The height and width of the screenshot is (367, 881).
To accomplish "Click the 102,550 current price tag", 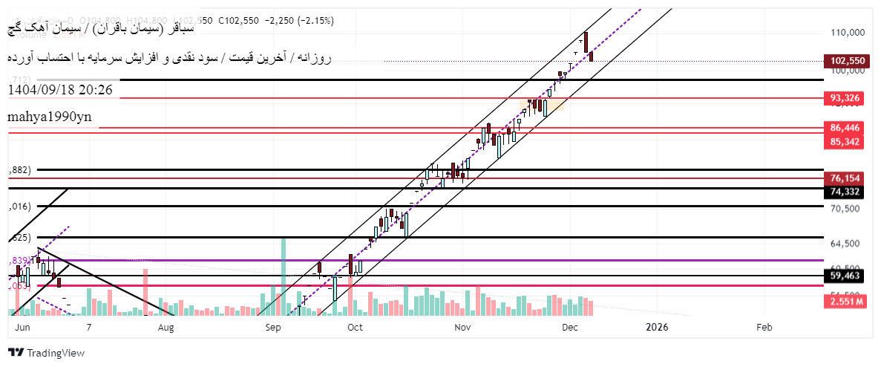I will click(847, 61).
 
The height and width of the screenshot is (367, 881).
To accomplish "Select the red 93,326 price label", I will click(847, 98).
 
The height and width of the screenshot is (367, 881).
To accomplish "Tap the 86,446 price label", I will click(847, 128).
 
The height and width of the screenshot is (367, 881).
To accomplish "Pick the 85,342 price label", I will click(847, 141).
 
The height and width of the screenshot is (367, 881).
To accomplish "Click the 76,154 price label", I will click(847, 178).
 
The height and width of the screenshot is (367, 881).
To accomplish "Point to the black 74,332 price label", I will click(847, 192).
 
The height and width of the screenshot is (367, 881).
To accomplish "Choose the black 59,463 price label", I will click(847, 276).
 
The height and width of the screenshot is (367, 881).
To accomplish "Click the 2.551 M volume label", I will click(847, 302).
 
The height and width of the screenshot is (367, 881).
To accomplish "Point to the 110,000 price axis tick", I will click(847, 33).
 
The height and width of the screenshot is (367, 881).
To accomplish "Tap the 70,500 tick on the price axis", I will click(847, 209).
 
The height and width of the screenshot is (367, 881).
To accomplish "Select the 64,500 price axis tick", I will click(847, 244).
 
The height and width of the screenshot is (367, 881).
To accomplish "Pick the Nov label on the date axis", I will click(462, 327).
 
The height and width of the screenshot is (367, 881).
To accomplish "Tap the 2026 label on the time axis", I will click(657, 327).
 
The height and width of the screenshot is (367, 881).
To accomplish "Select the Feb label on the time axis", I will click(764, 327).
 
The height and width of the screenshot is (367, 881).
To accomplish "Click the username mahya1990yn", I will click(50, 117).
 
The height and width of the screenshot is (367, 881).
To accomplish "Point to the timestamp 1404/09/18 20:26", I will click(60, 89).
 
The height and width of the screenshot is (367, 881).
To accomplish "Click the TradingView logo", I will click(46, 353).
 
